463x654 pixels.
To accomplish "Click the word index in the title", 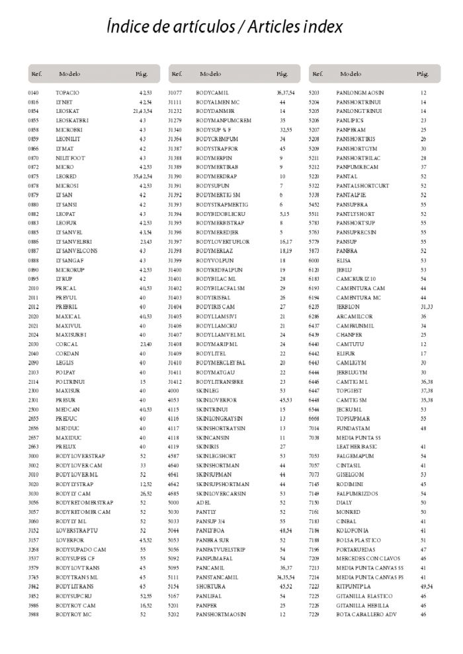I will (322, 27).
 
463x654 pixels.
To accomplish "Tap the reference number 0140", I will (34, 93).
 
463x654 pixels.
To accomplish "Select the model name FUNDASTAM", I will (353, 428).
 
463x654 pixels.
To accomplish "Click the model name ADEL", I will (202, 503).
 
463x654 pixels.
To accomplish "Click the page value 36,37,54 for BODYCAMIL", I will (286, 93).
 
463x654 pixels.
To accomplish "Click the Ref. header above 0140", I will (36, 74).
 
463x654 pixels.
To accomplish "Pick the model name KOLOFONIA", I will (353, 530).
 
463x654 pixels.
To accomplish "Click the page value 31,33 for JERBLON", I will (426, 307).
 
